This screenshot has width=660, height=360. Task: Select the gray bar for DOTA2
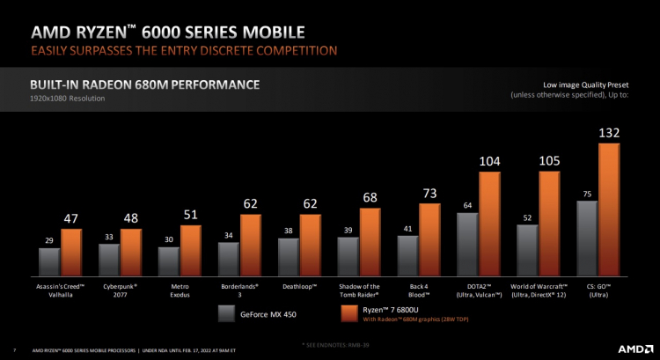point(467,245)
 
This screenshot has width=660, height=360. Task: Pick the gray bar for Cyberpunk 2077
point(109,260)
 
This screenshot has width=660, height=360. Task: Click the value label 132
point(609,133)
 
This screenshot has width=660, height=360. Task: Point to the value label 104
point(489,161)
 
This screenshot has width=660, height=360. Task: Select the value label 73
point(429,193)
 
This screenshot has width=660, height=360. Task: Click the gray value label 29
point(49,239)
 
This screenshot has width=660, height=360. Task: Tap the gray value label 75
point(586,193)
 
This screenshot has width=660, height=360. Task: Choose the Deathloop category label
point(298,287)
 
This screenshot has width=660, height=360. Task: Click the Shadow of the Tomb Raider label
point(358,290)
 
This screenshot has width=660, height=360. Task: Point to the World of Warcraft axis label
point(538,290)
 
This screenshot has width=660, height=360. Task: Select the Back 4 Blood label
point(418,290)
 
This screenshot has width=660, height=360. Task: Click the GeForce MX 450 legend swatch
point(226,312)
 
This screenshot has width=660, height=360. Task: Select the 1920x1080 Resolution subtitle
point(67,99)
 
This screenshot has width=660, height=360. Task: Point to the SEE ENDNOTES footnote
point(331,342)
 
